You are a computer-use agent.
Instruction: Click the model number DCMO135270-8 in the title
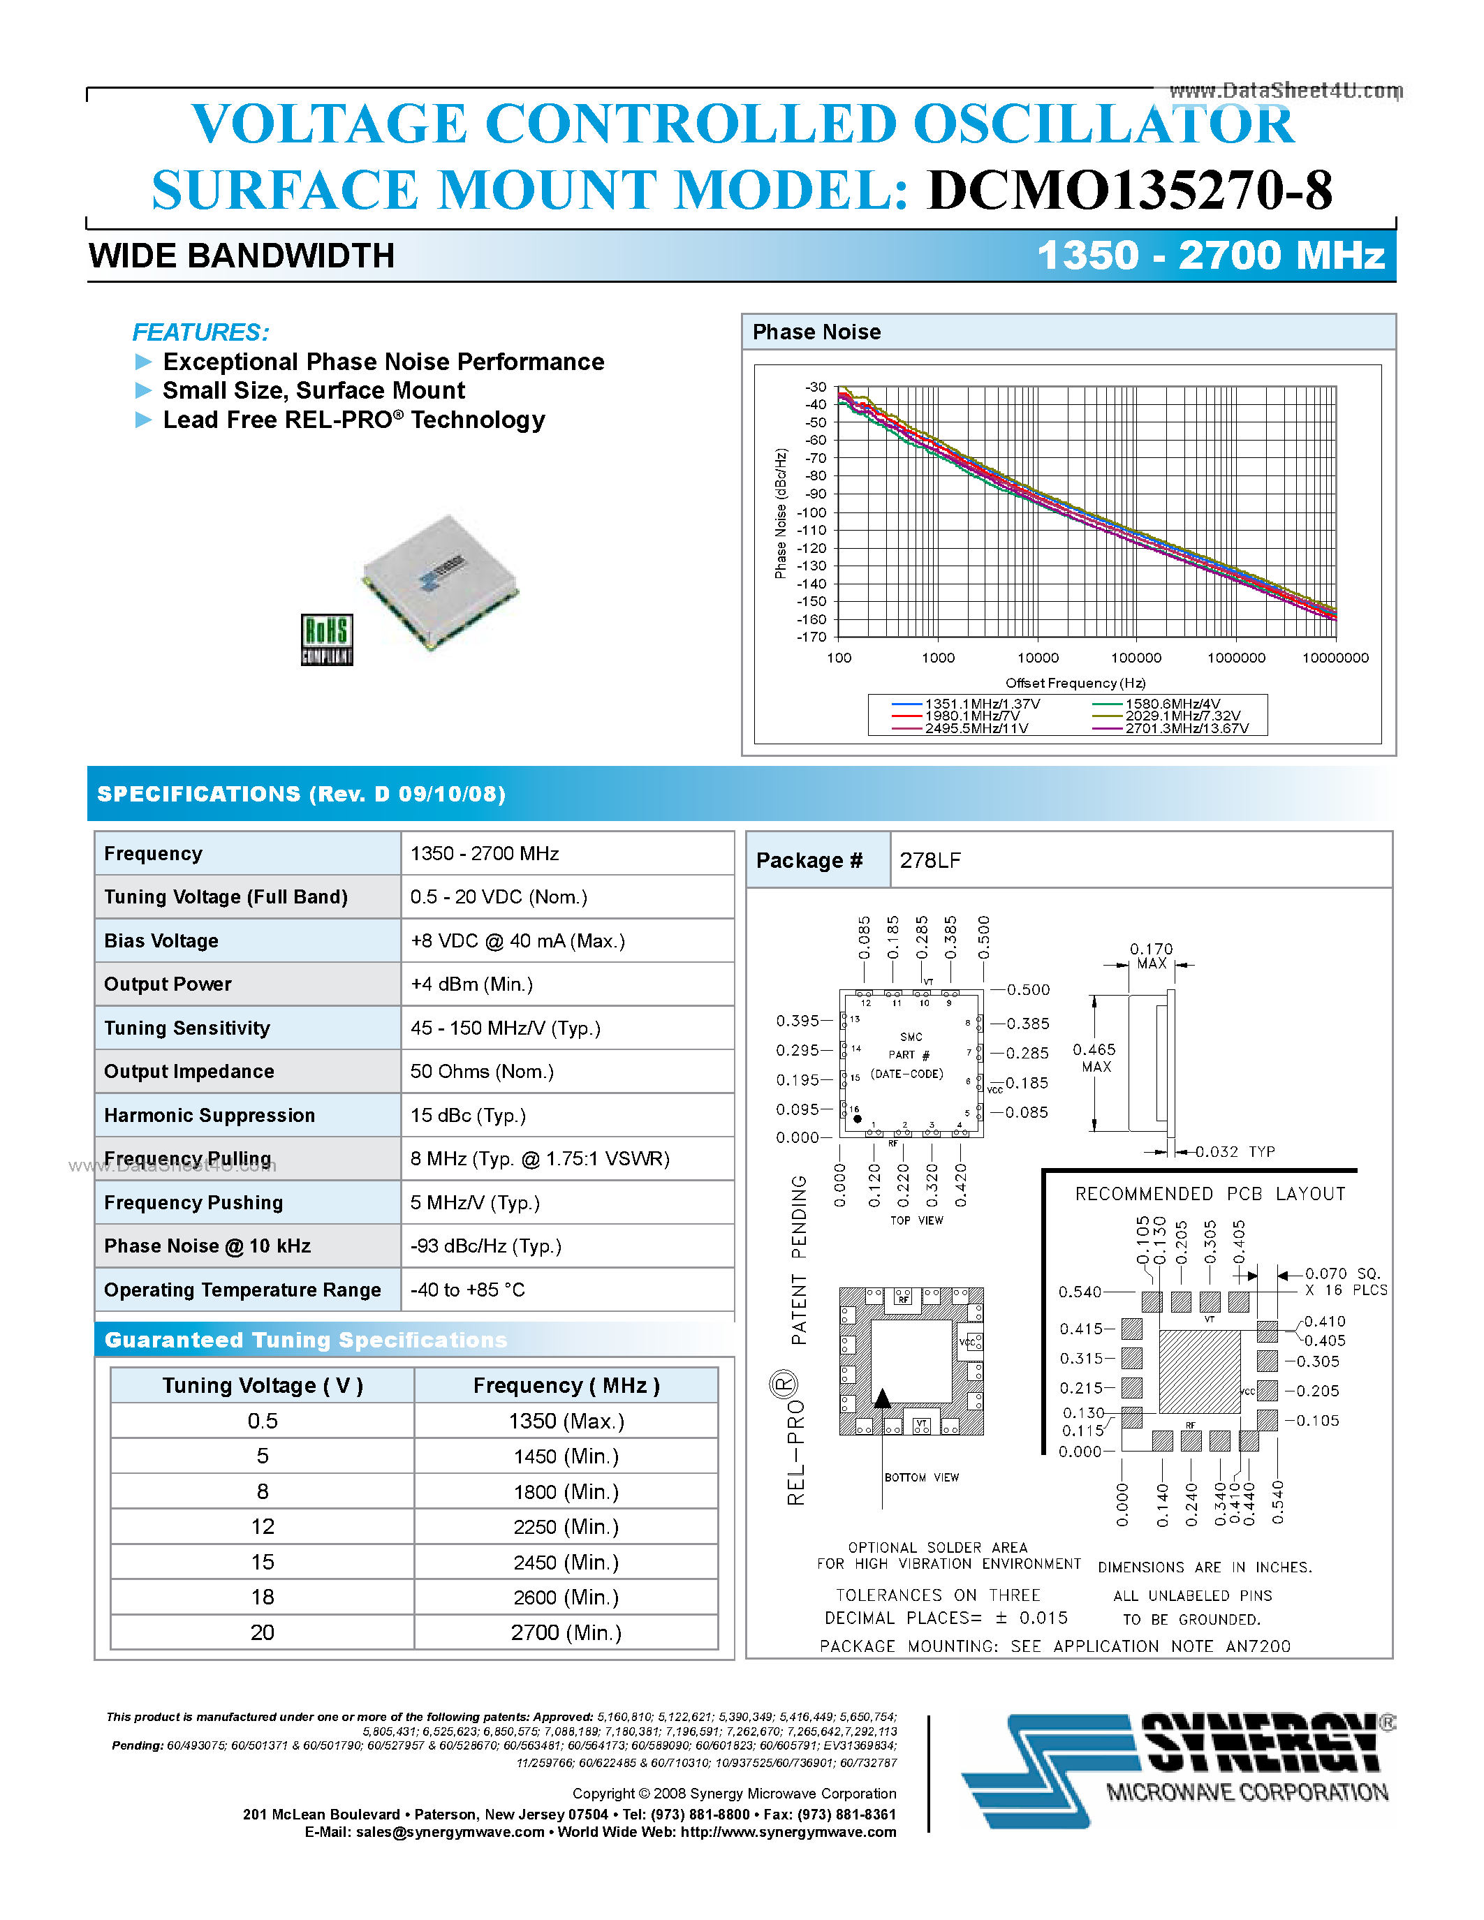[x=1130, y=190]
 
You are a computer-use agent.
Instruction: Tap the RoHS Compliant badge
[x=326, y=639]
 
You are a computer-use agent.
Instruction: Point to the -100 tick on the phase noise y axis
[x=813, y=512]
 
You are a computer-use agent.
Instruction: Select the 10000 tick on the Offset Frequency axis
[x=1037, y=658]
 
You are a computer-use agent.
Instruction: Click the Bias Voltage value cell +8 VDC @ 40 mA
[x=517, y=940]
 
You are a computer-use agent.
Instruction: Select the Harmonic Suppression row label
[x=210, y=1115]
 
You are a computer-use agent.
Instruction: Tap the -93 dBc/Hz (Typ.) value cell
[x=485, y=1246]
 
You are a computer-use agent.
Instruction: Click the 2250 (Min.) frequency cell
[x=565, y=1527]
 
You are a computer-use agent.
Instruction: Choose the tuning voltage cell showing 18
[x=262, y=1597]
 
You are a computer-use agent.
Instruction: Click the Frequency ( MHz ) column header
[x=565, y=1385]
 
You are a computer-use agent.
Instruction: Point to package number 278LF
[x=930, y=859]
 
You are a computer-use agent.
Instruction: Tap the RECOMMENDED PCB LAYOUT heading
[x=1210, y=1194]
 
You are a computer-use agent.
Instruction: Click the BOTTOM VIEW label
[x=921, y=1477]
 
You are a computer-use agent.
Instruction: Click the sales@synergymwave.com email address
[x=450, y=1831]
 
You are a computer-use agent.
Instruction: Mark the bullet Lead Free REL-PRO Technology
[x=353, y=420]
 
